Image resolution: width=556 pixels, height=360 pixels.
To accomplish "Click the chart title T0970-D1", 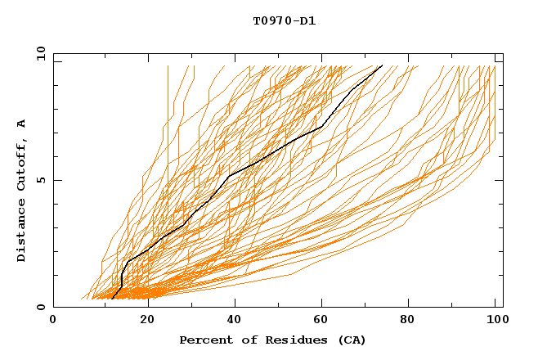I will (285, 20).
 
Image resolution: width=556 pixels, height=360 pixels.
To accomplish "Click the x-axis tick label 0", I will (53, 321).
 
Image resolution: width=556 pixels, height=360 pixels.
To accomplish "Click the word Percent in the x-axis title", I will (202, 340).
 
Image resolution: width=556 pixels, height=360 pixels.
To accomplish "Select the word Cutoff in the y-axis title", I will (21, 164).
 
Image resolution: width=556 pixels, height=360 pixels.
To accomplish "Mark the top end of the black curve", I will (382, 65).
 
